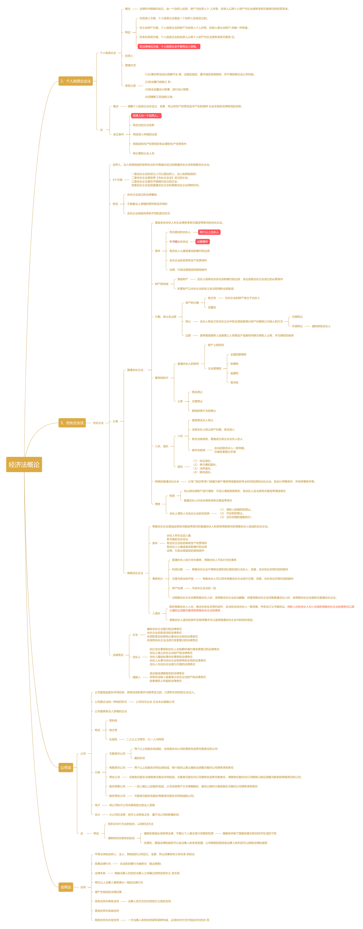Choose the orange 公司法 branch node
pyautogui.click(x=66, y=767)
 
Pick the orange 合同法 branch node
pyautogui.click(x=66, y=887)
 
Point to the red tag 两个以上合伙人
pyautogui.click(x=209, y=232)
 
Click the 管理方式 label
pyautogui.click(x=130, y=65)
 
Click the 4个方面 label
pyautogui.click(x=117, y=180)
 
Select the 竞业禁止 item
pyautogui.click(x=197, y=392)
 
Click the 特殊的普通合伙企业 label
pyautogui.click(x=167, y=481)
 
